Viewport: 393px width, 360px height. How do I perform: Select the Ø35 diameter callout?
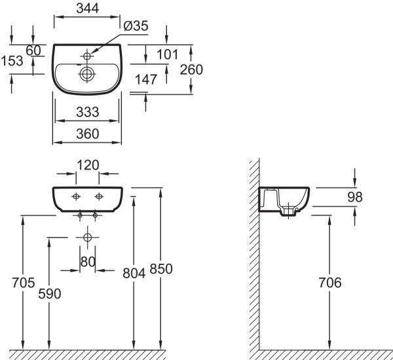pyautogui.click(x=136, y=26)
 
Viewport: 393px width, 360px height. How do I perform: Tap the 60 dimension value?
pyautogui.click(x=33, y=51)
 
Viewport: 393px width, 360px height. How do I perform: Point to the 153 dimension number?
pyautogui.click(x=12, y=60)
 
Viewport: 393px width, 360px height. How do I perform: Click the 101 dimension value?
pyautogui.click(x=168, y=54)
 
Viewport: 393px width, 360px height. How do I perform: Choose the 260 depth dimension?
pyautogui.click(x=191, y=69)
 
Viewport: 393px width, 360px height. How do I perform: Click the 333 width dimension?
pyautogui.click(x=87, y=112)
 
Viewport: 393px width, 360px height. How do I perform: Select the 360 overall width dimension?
pyautogui.click(x=87, y=133)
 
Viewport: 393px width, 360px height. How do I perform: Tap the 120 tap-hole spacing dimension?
pyautogui.click(x=87, y=165)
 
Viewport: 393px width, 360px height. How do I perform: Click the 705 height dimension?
pyautogui.click(x=24, y=283)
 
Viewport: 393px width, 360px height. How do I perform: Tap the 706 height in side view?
pyautogui.click(x=329, y=283)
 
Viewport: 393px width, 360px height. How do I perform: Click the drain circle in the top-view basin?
pyautogui.click(x=86, y=75)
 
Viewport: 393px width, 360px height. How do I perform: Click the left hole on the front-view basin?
pyautogui.click(x=76, y=196)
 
